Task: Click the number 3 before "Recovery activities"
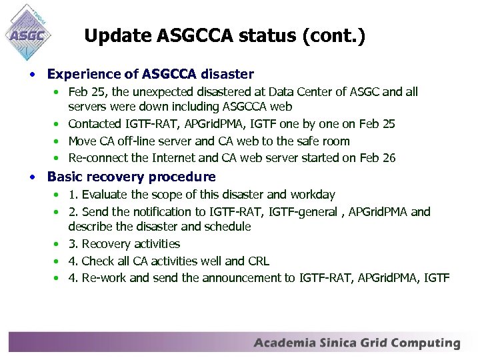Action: (x=72, y=244)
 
